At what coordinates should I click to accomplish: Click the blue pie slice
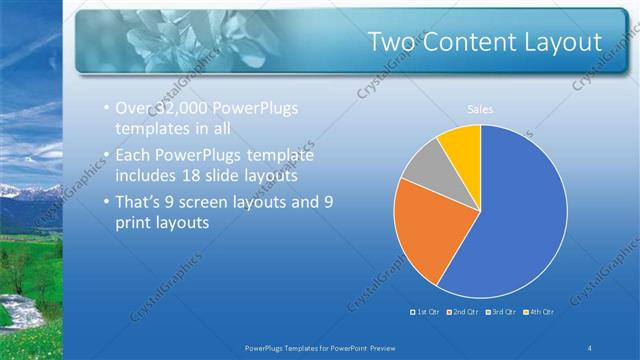(x=515, y=220)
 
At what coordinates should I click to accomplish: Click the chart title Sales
(x=481, y=109)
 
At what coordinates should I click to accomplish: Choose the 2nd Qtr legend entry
(x=463, y=311)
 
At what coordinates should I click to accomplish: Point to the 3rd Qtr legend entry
(x=503, y=311)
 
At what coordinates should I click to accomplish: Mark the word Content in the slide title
(x=474, y=42)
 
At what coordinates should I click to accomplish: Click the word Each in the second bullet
(x=135, y=157)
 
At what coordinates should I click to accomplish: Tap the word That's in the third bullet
(x=141, y=201)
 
